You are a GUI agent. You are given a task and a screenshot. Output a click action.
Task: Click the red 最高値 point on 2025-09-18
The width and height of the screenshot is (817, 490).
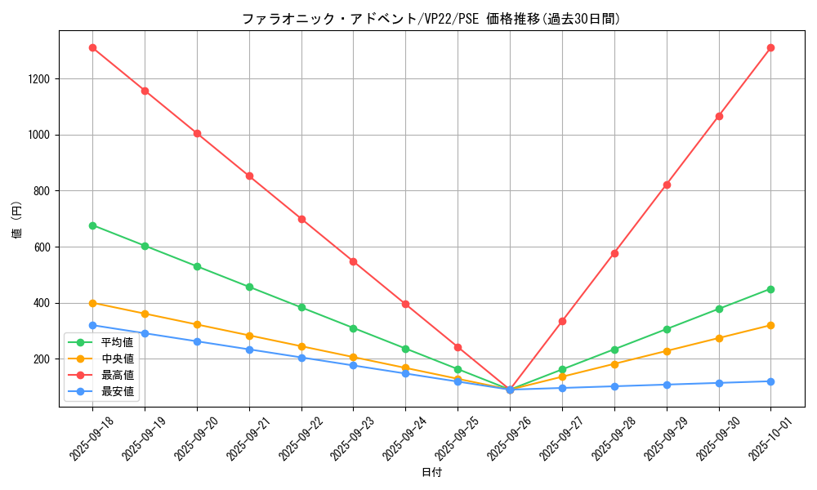[x=92, y=48]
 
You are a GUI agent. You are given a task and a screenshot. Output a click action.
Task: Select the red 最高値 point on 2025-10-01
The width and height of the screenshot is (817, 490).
[x=770, y=48]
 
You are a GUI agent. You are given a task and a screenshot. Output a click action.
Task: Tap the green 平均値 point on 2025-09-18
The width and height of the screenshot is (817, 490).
[x=92, y=225]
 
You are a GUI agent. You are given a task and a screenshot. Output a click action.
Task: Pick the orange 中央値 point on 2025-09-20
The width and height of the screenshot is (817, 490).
[x=197, y=325]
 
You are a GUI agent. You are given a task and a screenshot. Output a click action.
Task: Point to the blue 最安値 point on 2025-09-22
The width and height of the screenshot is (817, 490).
[x=301, y=358]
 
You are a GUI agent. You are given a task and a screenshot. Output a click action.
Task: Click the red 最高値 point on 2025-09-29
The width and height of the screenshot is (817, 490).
[x=667, y=185]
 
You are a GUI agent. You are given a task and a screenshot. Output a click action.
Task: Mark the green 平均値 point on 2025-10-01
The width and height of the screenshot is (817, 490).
[x=770, y=289]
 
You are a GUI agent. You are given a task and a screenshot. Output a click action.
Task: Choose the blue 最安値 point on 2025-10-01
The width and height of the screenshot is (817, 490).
[x=770, y=381]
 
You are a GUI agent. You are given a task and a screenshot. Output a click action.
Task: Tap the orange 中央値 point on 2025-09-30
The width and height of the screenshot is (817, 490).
[x=719, y=338]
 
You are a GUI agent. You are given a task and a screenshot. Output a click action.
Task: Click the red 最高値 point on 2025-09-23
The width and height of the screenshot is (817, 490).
[x=353, y=261]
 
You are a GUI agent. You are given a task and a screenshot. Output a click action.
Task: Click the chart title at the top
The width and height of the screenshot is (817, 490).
[x=431, y=19]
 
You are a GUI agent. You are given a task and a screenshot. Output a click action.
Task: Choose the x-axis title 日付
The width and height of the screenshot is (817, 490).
[x=431, y=473]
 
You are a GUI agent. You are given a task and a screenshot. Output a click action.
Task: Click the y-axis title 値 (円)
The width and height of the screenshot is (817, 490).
[x=16, y=220]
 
